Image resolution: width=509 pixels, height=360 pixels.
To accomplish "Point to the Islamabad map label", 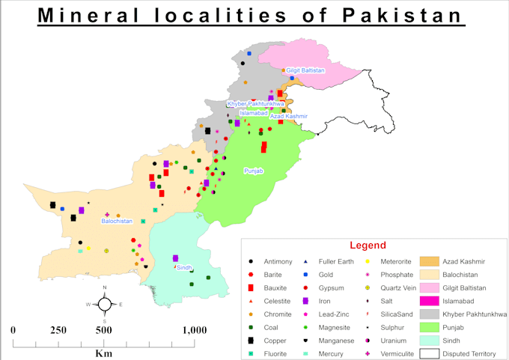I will pos(254,113).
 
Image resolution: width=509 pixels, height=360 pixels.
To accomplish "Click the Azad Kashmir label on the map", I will pos(289,117).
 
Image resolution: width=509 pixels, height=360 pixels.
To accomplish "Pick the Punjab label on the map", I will pos(254,171).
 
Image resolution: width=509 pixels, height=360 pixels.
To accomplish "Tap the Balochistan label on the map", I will pos(117,221).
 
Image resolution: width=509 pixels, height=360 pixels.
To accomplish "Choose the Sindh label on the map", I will pos(184,267).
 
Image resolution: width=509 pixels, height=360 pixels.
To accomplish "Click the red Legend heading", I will pos(368,245).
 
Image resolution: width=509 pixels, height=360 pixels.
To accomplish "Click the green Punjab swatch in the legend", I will pos(429,327).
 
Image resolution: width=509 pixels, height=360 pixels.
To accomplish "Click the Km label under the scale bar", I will pos(103,354).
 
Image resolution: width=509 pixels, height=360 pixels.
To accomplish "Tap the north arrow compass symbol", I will pos(105,304).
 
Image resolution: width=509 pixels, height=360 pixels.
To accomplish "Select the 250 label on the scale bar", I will pos(58,330).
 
